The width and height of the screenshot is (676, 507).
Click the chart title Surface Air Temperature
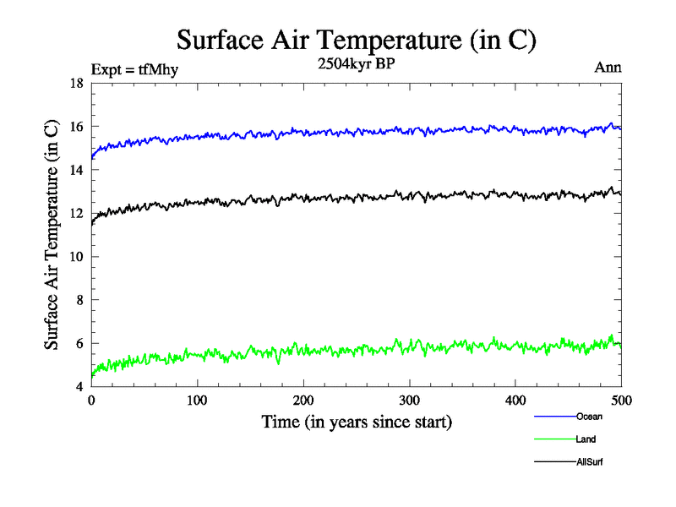point(356,39)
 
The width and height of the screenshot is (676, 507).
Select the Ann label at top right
point(609,68)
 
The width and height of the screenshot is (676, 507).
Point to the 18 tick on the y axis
point(75,83)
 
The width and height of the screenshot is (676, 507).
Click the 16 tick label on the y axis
point(75,127)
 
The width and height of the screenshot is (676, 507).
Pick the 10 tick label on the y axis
point(75,257)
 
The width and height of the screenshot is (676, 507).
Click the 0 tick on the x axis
point(91,401)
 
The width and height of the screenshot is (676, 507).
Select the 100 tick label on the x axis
point(198,401)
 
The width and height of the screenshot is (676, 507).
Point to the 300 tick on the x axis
point(410,401)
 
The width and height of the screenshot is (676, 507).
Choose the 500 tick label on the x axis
point(621,401)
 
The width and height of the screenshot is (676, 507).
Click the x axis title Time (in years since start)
point(357,422)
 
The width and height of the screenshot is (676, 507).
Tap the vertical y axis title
point(52,235)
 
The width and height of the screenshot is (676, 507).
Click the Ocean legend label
point(589,417)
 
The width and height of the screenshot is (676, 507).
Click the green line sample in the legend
point(554,439)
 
